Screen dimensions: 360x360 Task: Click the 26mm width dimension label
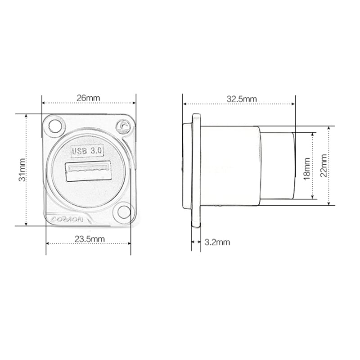pos(88,98)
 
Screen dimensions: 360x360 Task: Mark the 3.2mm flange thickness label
pos(217,242)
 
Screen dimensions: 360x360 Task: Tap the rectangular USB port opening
pos(88,171)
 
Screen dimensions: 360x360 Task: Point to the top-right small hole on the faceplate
pos(123,126)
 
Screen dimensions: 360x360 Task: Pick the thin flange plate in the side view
pos(196,170)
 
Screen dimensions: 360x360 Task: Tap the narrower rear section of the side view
pos(277,166)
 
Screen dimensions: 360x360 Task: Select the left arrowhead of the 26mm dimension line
pos(43,103)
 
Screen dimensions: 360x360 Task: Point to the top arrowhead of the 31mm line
pos(27,116)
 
